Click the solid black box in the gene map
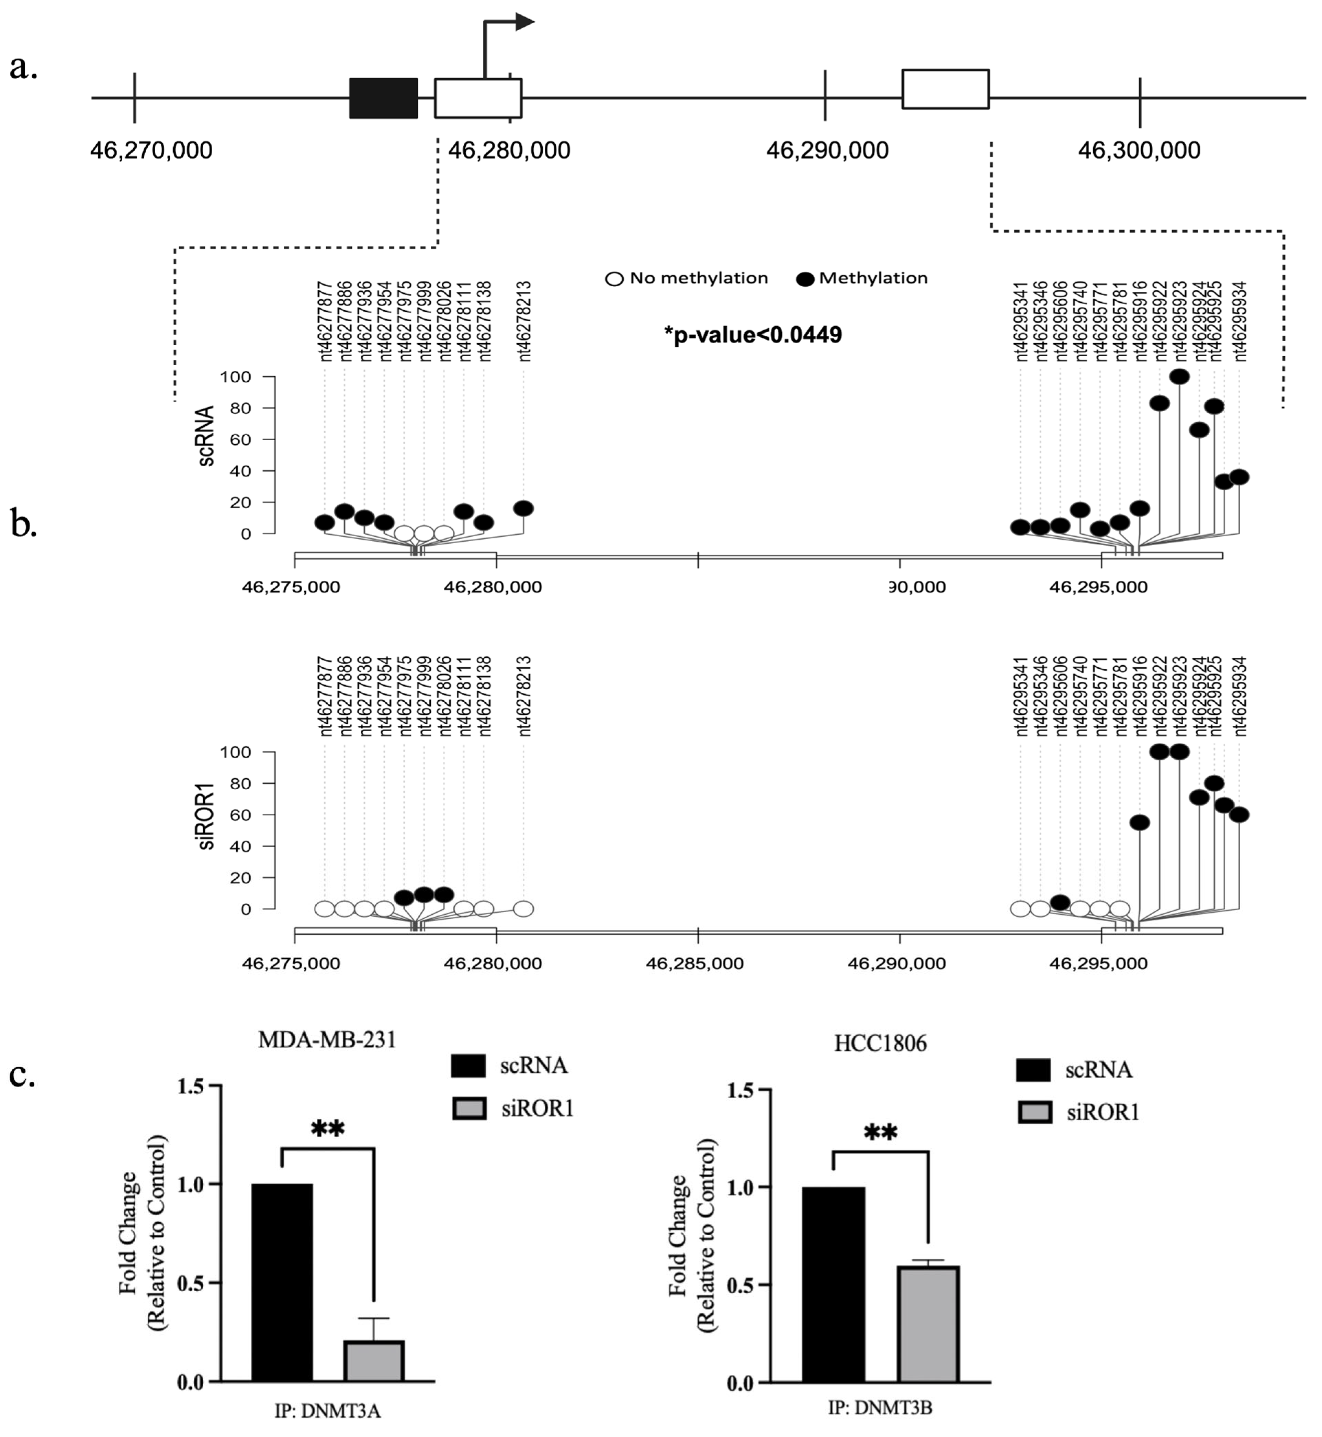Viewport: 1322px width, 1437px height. pos(383,98)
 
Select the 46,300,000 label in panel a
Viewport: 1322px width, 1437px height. pos(1139,150)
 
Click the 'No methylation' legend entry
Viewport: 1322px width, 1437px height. pos(687,278)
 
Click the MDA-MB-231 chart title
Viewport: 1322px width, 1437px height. pos(327,1039)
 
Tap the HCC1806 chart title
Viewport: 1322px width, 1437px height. pos(880,1044)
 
